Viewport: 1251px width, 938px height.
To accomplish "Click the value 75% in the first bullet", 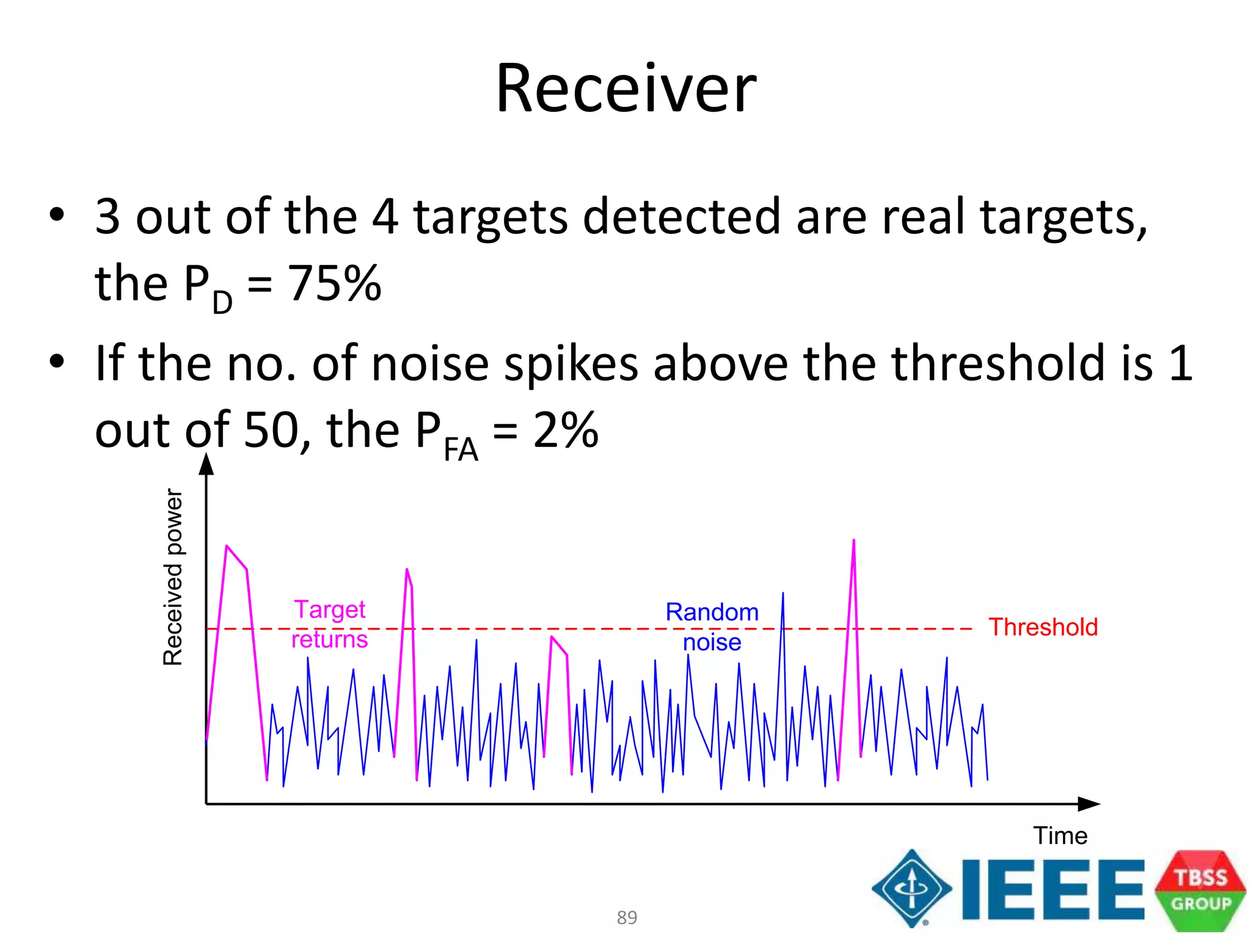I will [x=335, y=283].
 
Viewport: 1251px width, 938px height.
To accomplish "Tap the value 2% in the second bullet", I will [x=565, y=430].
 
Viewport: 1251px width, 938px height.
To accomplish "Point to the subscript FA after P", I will [x=461, y=451].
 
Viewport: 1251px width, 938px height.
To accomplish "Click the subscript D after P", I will [x=222, y=302].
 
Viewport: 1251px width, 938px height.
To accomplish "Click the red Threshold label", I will [x=1043, y=627].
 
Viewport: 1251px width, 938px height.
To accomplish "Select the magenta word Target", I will [x=329, y=609].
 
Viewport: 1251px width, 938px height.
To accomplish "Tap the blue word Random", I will [x=712, y=612].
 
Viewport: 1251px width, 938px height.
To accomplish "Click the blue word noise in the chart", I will [x=712, y=642].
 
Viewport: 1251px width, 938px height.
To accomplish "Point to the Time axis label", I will [x=1060, y=835].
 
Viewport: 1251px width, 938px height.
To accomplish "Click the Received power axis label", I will [x=173, y=576].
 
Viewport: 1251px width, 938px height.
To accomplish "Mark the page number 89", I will [x=627, y=917].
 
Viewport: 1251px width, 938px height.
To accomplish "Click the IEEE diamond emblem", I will [x=911, y=888].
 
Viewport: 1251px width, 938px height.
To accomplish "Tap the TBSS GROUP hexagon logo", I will [x=1200, y=890].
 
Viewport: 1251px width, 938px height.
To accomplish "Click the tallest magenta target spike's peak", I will [x=853, y=541].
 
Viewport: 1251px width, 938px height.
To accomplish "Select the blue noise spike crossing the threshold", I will [x=782, y=595].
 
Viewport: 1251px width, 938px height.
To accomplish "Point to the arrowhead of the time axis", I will [x=1089, y=804].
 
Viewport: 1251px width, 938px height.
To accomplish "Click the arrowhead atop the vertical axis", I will [x=206, y=464].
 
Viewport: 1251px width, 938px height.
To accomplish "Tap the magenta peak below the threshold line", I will [x=552, y=638].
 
